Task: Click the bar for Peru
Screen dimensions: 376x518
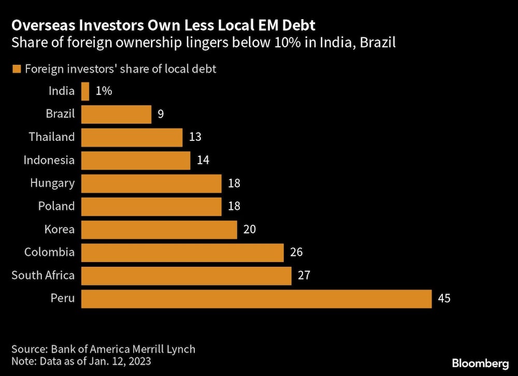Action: (256, 299)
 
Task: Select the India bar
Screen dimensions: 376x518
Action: (85, 92)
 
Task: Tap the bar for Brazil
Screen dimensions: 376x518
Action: (117, 114)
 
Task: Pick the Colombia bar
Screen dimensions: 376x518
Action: (182, 253)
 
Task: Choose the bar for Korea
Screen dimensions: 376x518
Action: (159, 229)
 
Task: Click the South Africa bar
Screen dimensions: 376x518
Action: (186, 276)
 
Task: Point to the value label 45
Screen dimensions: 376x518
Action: (444, 299)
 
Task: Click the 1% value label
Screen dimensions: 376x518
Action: (104, 92)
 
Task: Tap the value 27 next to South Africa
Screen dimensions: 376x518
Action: (304, 276)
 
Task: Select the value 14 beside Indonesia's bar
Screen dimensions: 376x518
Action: (203, 161)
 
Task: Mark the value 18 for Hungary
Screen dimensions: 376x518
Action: (234, 183)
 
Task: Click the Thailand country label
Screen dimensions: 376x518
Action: (52, 137)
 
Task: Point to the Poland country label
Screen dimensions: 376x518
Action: (56, 206)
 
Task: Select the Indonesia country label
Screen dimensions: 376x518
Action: (49, 161)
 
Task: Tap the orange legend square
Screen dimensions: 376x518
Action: (16, 69)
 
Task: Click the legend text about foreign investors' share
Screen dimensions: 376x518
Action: (120, 69)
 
